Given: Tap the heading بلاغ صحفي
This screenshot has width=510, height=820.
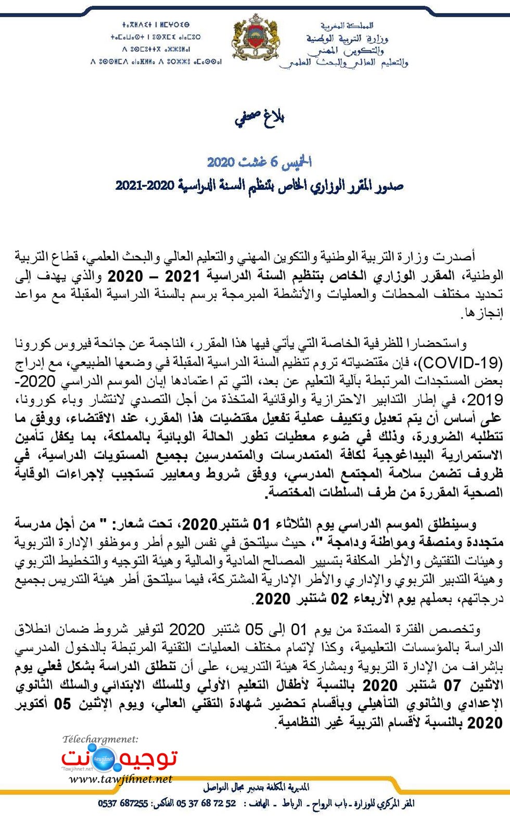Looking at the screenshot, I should (x=259, y=119).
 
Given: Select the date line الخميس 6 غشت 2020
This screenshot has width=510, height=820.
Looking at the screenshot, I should (x=259, y=162).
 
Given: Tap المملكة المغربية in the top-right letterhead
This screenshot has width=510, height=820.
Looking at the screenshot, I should (x=347, y=25).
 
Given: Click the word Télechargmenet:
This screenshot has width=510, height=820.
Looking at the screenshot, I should (x=100, y=739).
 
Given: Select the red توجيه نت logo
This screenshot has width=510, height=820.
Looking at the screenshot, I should (x=120, y=759).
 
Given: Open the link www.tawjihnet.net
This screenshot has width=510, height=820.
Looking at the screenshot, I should (x=120, y=779).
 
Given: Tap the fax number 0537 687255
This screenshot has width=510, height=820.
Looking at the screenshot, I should (x=123, y=804).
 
